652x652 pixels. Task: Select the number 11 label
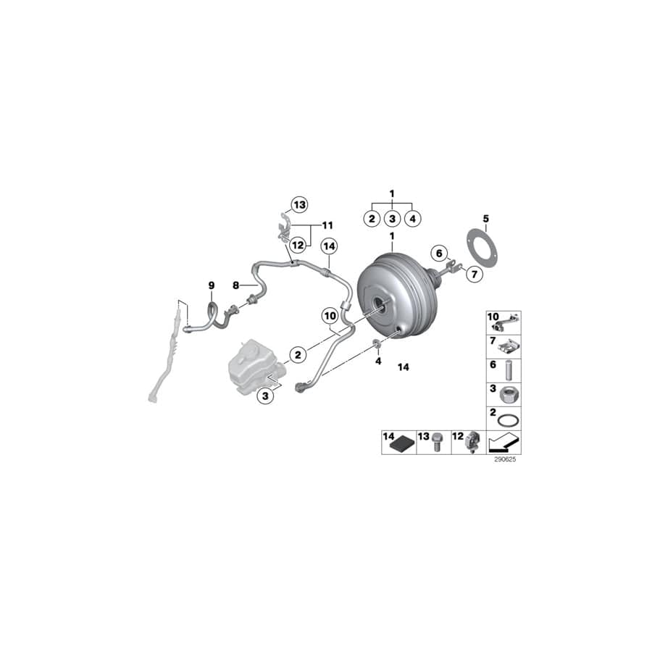click(327, 225)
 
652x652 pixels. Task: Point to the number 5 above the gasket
click(486, 218)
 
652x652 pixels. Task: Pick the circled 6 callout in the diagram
click(438, 253)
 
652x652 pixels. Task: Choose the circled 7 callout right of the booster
click(473, 275)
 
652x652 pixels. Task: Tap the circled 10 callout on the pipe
click(330, 316)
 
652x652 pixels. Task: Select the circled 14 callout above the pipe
click(330, 246)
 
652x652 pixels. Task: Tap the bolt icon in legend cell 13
click(438, 443)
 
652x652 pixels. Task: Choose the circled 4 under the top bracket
click(412, 218)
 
